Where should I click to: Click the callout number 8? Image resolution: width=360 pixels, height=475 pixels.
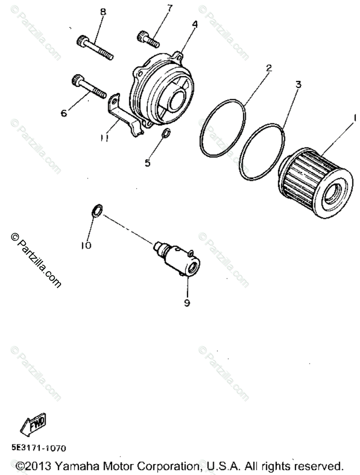(x=103, y=12)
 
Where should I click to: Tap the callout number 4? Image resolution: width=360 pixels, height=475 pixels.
(x=195, y=25)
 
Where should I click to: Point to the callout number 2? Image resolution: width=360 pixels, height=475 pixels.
(x=269, y=68)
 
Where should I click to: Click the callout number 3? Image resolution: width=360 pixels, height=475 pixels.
(x=298, y=84)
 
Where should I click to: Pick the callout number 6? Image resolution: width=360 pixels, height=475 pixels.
(x=64, y=114)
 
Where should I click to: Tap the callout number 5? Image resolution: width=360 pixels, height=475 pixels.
(x=148, y=163)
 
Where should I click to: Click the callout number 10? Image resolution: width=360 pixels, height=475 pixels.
(x=86, y=245)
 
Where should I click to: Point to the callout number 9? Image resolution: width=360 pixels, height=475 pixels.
(x=187, y=303)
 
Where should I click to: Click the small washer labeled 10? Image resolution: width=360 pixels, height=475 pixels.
(x=97, y=210)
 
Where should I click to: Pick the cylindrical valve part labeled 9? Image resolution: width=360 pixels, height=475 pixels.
(x=178, y=259)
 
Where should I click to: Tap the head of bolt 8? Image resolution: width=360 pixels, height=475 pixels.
(x=81, y=40)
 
